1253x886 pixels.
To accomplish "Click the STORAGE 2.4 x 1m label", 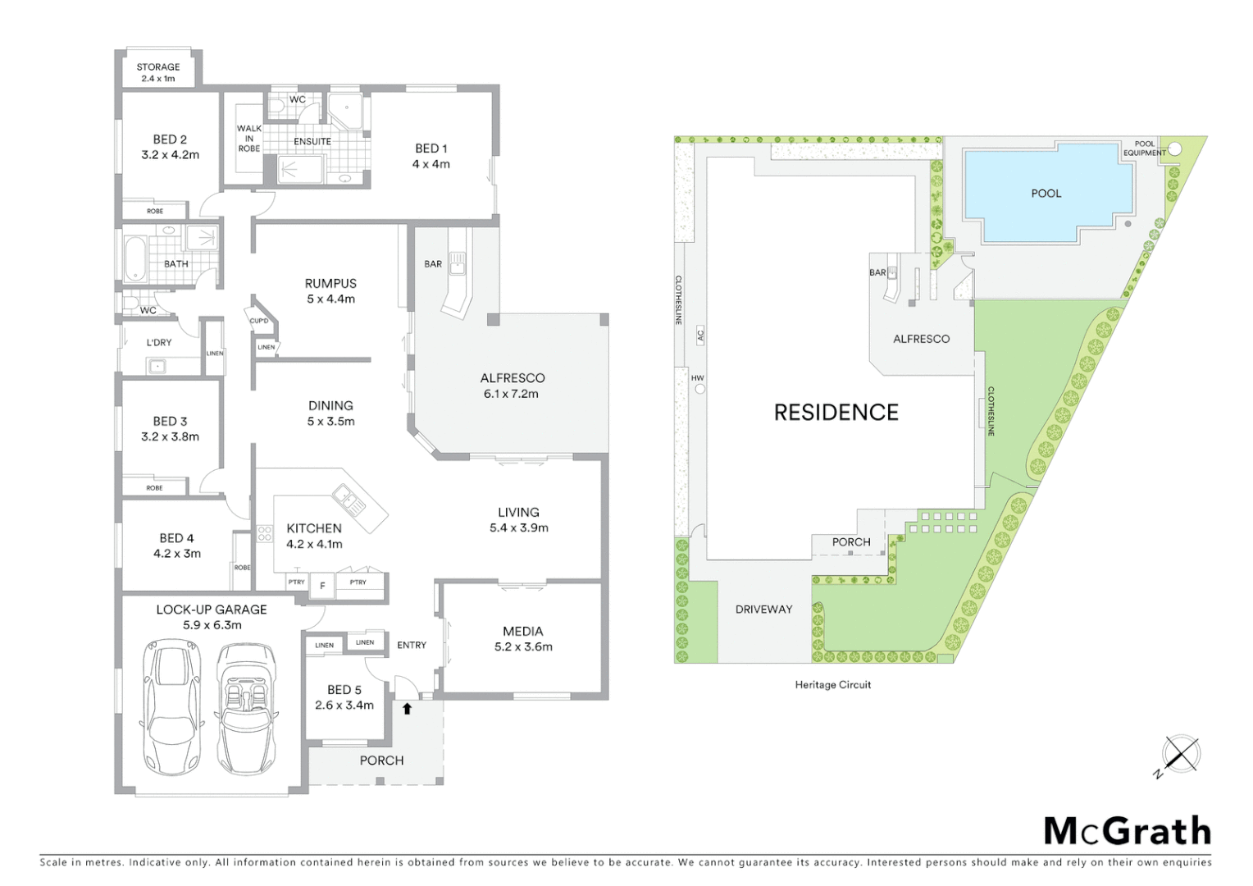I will (x=158, y=73).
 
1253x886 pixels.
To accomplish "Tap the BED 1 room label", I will (x=431, y=156).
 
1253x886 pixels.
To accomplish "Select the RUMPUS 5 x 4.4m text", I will (x=330, y=291).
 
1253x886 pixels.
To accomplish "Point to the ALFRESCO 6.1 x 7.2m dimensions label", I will (x=513, y=386).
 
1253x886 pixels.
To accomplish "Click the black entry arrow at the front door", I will (x=407, y=707).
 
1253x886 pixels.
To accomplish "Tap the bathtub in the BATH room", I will (x=134, y=257).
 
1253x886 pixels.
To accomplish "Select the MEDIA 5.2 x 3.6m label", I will (x=522, y=638).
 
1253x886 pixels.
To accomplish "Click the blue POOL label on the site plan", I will (x=1046, y=194).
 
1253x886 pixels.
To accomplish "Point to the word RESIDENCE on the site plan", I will (x=836, y=412).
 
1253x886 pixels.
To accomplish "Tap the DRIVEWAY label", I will (x=763, y=610).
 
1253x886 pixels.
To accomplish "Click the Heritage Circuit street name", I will (x=832, y=684).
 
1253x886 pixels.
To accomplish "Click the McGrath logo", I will (x=1127, y=831).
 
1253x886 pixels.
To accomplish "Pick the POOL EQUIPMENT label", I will (x=1144, y=148).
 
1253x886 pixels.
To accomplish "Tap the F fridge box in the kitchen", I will (x=322, y=586).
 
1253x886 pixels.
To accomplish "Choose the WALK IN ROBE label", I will (x=249, y=138).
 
